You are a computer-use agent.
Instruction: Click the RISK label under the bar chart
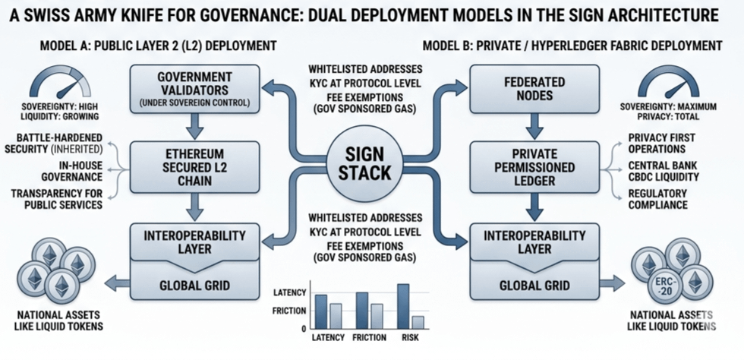tap(403, 337)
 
